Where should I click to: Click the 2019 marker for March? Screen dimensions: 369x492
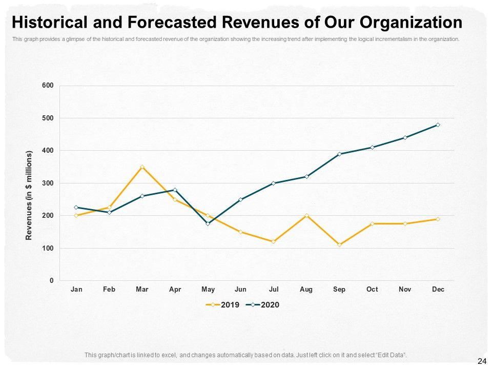[x=142, y=167]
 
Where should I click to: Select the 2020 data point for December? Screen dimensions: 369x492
[x=438, y=125]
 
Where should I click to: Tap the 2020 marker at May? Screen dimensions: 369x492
[x=208, y=223]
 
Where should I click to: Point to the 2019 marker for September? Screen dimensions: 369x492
[x=339, y=244]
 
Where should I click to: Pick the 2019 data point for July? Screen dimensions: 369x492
[x=273, y=241]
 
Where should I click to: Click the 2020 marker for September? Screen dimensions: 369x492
[x=339, y=154]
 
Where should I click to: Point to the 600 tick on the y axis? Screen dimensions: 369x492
[x=48, y=86]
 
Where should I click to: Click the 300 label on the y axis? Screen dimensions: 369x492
[x=48, y=183]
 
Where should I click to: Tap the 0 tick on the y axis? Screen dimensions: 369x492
[x=51, y=281]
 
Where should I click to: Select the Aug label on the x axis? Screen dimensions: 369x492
[x=306, y=290]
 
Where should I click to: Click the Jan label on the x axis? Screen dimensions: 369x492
[x=76, y=290]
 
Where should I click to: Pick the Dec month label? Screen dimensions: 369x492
[x=438, y=290]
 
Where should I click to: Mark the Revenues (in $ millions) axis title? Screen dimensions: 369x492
[x=29, y=195]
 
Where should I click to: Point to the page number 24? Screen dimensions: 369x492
[x=481, y=361]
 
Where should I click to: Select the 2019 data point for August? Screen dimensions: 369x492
[x=306, y=215]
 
